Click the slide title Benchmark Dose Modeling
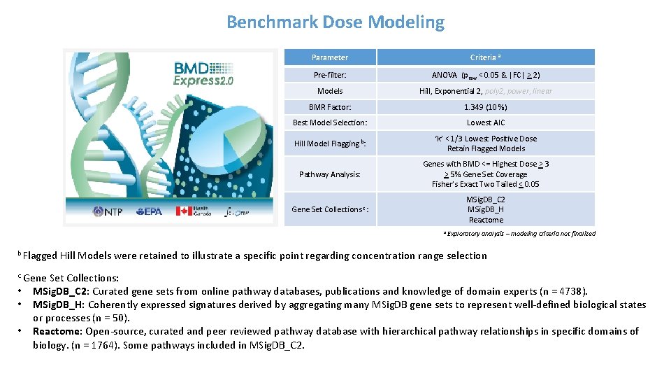coord(335,22)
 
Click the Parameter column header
coord(330,57)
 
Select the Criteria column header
coord(486,57)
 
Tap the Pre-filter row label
coord(330,75)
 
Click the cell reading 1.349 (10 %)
coord(486,107)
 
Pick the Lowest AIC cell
coord(486,122)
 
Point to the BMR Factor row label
coord(330,107)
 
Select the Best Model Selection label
coord(330,122)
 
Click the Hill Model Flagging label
coord(330,143)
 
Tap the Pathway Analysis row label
coord(330,174)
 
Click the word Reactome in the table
coord(486,220)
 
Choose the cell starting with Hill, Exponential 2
coord(486,91)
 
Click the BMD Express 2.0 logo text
coord(203,73)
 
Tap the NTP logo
coord(108,211)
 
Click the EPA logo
coord(149,211)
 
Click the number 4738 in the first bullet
coord(575,291)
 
